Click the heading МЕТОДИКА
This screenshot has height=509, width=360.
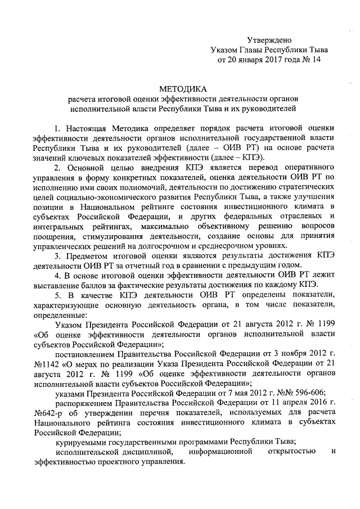183,88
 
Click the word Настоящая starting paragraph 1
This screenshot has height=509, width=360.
88,128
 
